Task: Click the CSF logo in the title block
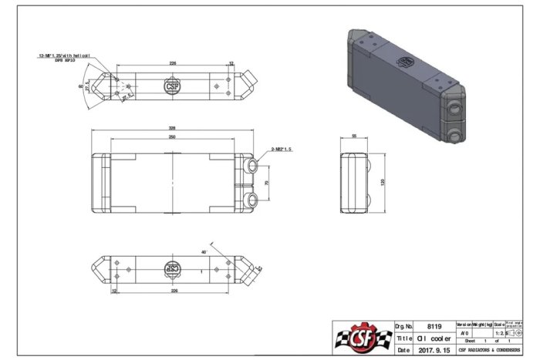pyautogui.click(x=361, y=338)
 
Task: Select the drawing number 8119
pyautogui.click(x=433, y=326)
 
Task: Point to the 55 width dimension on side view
pyautogui.click(x=354, y=136)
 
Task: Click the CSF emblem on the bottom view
pyautogui.click(x=174, y=269)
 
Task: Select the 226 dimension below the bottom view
pyautogui.click(x=174, y=292)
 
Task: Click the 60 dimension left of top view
pyautogui.click(x=81, y=87)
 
